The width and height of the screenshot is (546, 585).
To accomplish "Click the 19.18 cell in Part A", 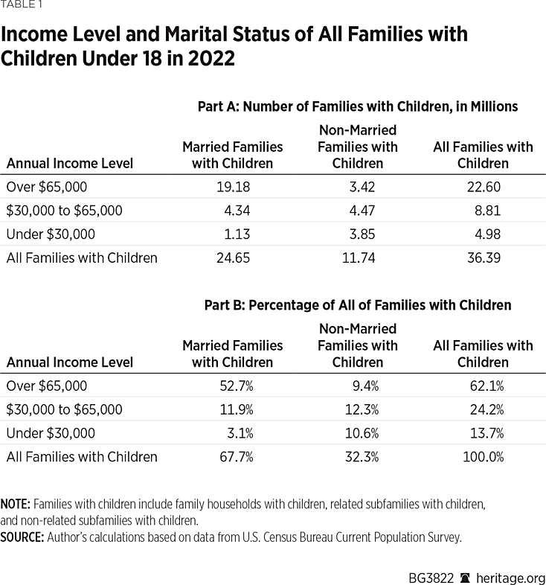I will (232, 187).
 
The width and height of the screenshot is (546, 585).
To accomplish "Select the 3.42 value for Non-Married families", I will (362, 187).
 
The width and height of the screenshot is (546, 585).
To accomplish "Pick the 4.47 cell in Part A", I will (362, 211).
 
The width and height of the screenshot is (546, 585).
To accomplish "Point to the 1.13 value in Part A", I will (237, 234).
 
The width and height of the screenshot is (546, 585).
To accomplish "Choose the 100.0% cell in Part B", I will (483, 457).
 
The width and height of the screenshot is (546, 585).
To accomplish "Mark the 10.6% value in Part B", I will (364, 433).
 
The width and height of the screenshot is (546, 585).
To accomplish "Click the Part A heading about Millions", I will (357, 106).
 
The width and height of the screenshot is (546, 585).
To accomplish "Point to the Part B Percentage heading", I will (357, 305).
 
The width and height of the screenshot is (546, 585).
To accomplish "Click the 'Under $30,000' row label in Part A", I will (51, 234).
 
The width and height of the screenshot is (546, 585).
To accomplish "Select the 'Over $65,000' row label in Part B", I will (47, 386).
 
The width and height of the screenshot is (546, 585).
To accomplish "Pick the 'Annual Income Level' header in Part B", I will (70, 362).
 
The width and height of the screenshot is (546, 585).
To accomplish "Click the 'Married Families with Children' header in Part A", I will (232, 155).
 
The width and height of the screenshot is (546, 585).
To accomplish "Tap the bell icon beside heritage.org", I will (465, 578).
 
